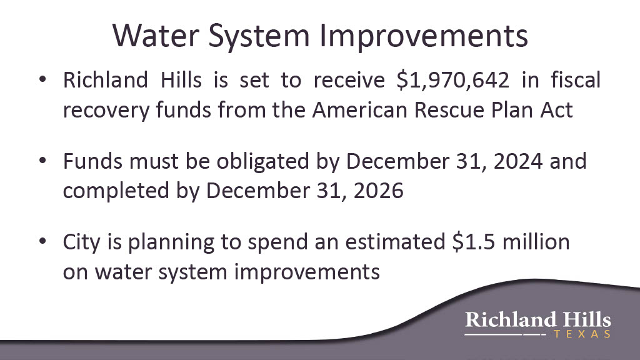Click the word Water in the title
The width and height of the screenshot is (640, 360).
pos(156,36)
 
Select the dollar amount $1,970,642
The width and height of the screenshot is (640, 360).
pos(453,80)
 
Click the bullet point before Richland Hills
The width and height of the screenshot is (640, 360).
pos(42,79)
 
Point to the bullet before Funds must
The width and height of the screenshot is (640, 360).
pos(42,161)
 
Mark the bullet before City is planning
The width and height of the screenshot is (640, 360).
pos(42,241)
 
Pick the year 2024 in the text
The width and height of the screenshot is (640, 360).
pos(518,161)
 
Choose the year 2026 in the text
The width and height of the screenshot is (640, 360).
pos(378,191)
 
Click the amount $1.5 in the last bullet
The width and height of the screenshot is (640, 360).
pos(474,242)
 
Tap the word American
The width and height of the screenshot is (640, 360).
pos(360,110)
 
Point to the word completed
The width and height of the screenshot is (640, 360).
pos(116,191)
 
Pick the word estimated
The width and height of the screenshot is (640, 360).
pos(395,242)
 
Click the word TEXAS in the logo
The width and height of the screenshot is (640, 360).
pos(582,334)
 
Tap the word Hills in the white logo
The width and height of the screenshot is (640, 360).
pos(587,319)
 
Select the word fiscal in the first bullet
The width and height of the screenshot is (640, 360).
pos(576,79)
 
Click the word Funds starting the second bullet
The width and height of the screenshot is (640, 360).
pos(92,161)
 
